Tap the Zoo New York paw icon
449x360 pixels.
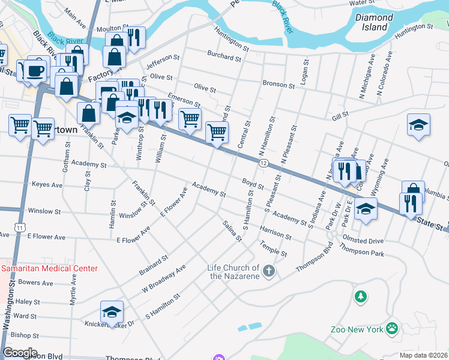point(393,328)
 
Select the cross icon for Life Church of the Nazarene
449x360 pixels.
point(269,272)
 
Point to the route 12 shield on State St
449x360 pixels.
point(264,163)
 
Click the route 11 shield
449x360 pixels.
point(21,227)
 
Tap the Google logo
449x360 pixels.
point(20,353)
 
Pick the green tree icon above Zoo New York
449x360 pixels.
point(360,296)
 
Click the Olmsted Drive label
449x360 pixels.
point(363,241)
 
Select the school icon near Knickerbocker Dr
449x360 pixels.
point(112,312)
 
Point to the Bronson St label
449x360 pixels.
point(278,85)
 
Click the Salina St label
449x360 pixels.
point(232,231)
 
